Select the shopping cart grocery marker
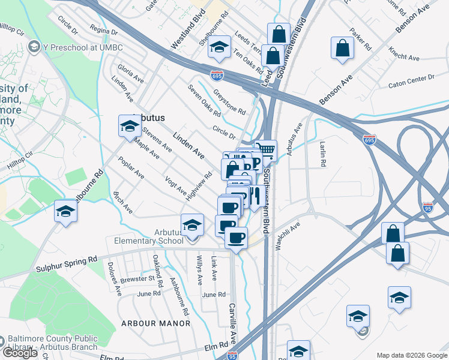pyautogui.click(x=265, y=150)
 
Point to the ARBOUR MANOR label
pyautogui.click(x=155, y=323)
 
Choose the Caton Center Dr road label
pyautogui.click(x=411, y=79)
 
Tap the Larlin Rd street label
pyautogui.click(x=323, y=154)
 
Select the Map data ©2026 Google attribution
pyautogui.click(x=411, y=355)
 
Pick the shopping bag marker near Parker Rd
pyautogui.click(x=342, y=50)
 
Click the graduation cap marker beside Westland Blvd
pyautogui.click(x=220, y=48)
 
